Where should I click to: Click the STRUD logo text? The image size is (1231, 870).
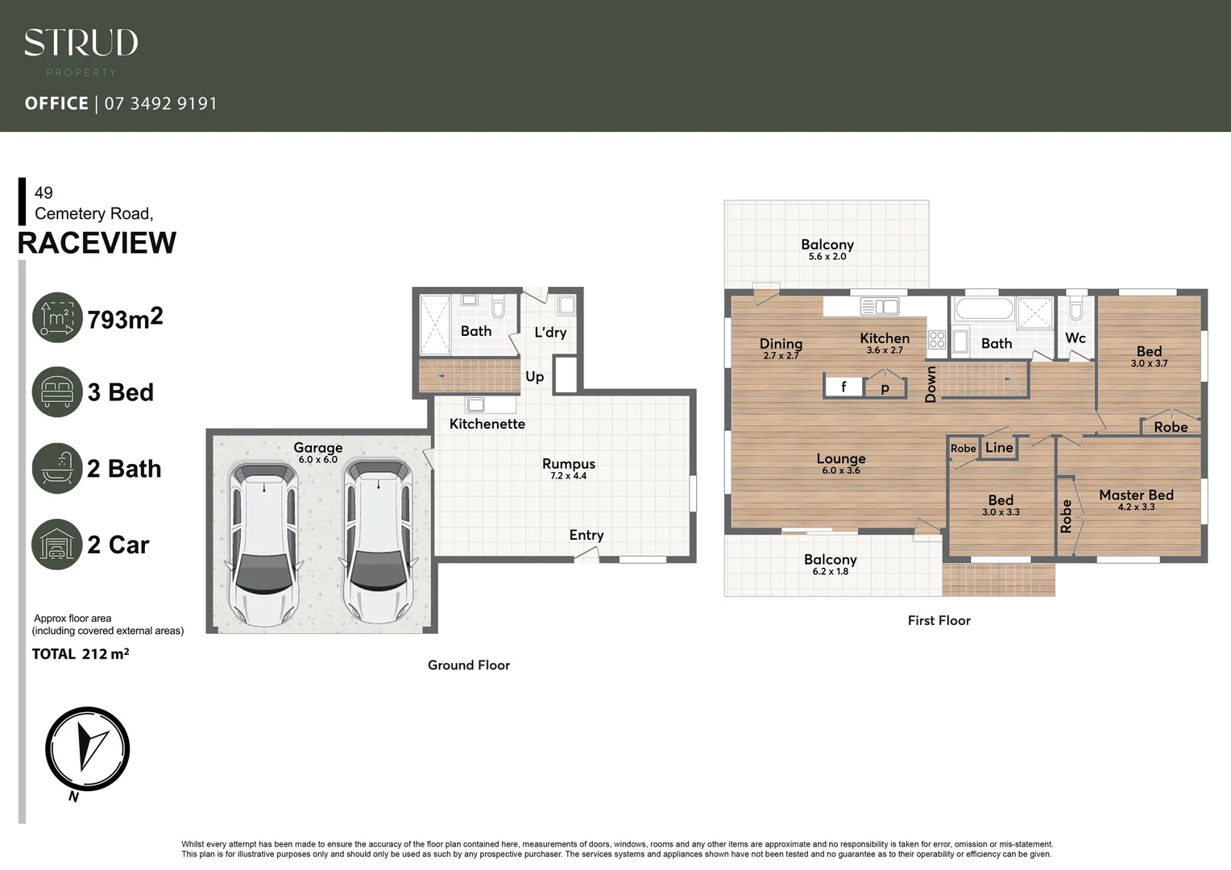pyautogui.click(x=81, y=43)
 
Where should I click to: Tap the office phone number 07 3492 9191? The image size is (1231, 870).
pyautogui.click(x=160, y=103)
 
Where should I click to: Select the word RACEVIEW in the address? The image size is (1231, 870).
pyautogui.click(x=97, y=242)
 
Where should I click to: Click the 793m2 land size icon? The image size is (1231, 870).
pyautogui.click(x=57, y=317)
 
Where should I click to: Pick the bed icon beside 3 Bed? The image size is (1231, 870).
pyautogui.click(x=57, y=392)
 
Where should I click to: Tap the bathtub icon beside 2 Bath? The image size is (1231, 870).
pyautogui.click(x=57, y=468)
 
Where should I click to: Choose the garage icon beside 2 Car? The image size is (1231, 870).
pyautogui.click(x=57, y=545)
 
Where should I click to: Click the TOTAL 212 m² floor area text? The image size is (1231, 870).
pyautogui.click(x=81, y=654)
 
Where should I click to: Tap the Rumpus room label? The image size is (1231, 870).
pyautogui.click(x=569, y=464)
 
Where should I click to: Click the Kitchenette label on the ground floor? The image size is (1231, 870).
pyautogui.click(x=487, y=424)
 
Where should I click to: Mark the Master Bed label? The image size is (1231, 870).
pyautogui.click(x=1136, y=495)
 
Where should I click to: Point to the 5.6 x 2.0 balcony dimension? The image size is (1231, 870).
pyautogui.click(x=827, y=257)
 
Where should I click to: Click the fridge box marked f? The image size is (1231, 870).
pyautogui.click(x=843, y=387)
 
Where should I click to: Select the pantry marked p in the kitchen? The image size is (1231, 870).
pyautogui.click(x=885, y=387)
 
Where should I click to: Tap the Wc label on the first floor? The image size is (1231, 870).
pyautogui.click(x=1076, y=338)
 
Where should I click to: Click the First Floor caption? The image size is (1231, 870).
pyautogui.click(x=939, y=620)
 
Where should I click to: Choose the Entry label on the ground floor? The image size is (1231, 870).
pyautogui.click(x=586, y=535)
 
